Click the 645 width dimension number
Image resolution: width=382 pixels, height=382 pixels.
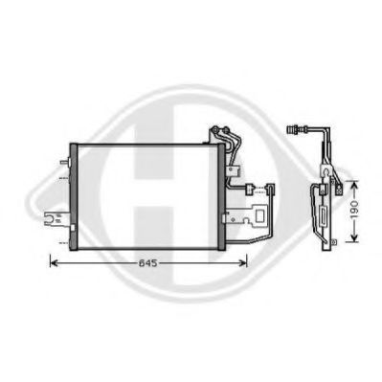[145, 261]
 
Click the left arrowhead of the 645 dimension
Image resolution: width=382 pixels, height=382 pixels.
[52, 261]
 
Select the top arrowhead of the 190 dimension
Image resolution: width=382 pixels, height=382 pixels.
[351, 183]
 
